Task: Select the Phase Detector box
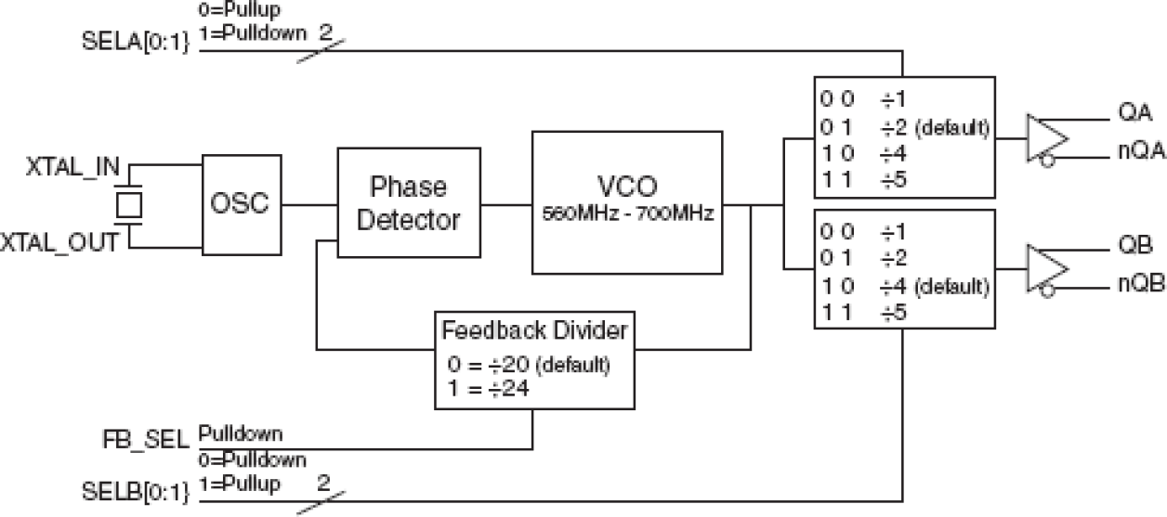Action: click(409, 203)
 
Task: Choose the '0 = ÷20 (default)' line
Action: click(527, 365)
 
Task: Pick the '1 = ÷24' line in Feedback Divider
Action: click(490, 389)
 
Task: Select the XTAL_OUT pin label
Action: click(59, 243)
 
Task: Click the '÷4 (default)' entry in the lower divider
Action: click(935, 285)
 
